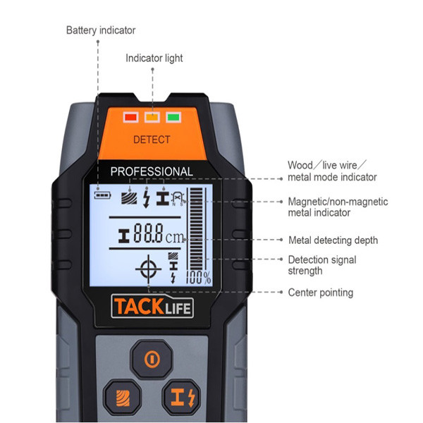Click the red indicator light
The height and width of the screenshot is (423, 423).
point(131,117)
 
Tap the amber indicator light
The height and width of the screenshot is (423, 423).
point(152,117)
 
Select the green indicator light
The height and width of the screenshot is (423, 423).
point(173,117)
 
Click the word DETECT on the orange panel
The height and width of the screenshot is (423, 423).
point(152,140)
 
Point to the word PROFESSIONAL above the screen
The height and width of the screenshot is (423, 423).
point(152,171)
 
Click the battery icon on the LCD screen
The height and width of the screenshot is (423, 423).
point(102,195)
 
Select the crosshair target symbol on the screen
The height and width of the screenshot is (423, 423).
point(148,269)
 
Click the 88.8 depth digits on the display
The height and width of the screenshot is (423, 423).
point(148,233)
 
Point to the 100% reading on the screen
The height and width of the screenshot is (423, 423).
point(199,277)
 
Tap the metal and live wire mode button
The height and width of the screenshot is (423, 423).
point(182,398)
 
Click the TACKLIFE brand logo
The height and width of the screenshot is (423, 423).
point(152,307)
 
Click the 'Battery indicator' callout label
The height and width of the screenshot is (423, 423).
point(101,30)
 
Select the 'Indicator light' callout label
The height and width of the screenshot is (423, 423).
point(154,59)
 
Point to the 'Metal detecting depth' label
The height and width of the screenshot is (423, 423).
point(333,240)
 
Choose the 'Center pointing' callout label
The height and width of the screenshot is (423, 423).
point(321,293)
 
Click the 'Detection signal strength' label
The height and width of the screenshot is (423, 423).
point(322,265)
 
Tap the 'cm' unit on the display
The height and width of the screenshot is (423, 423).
point(175,238)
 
